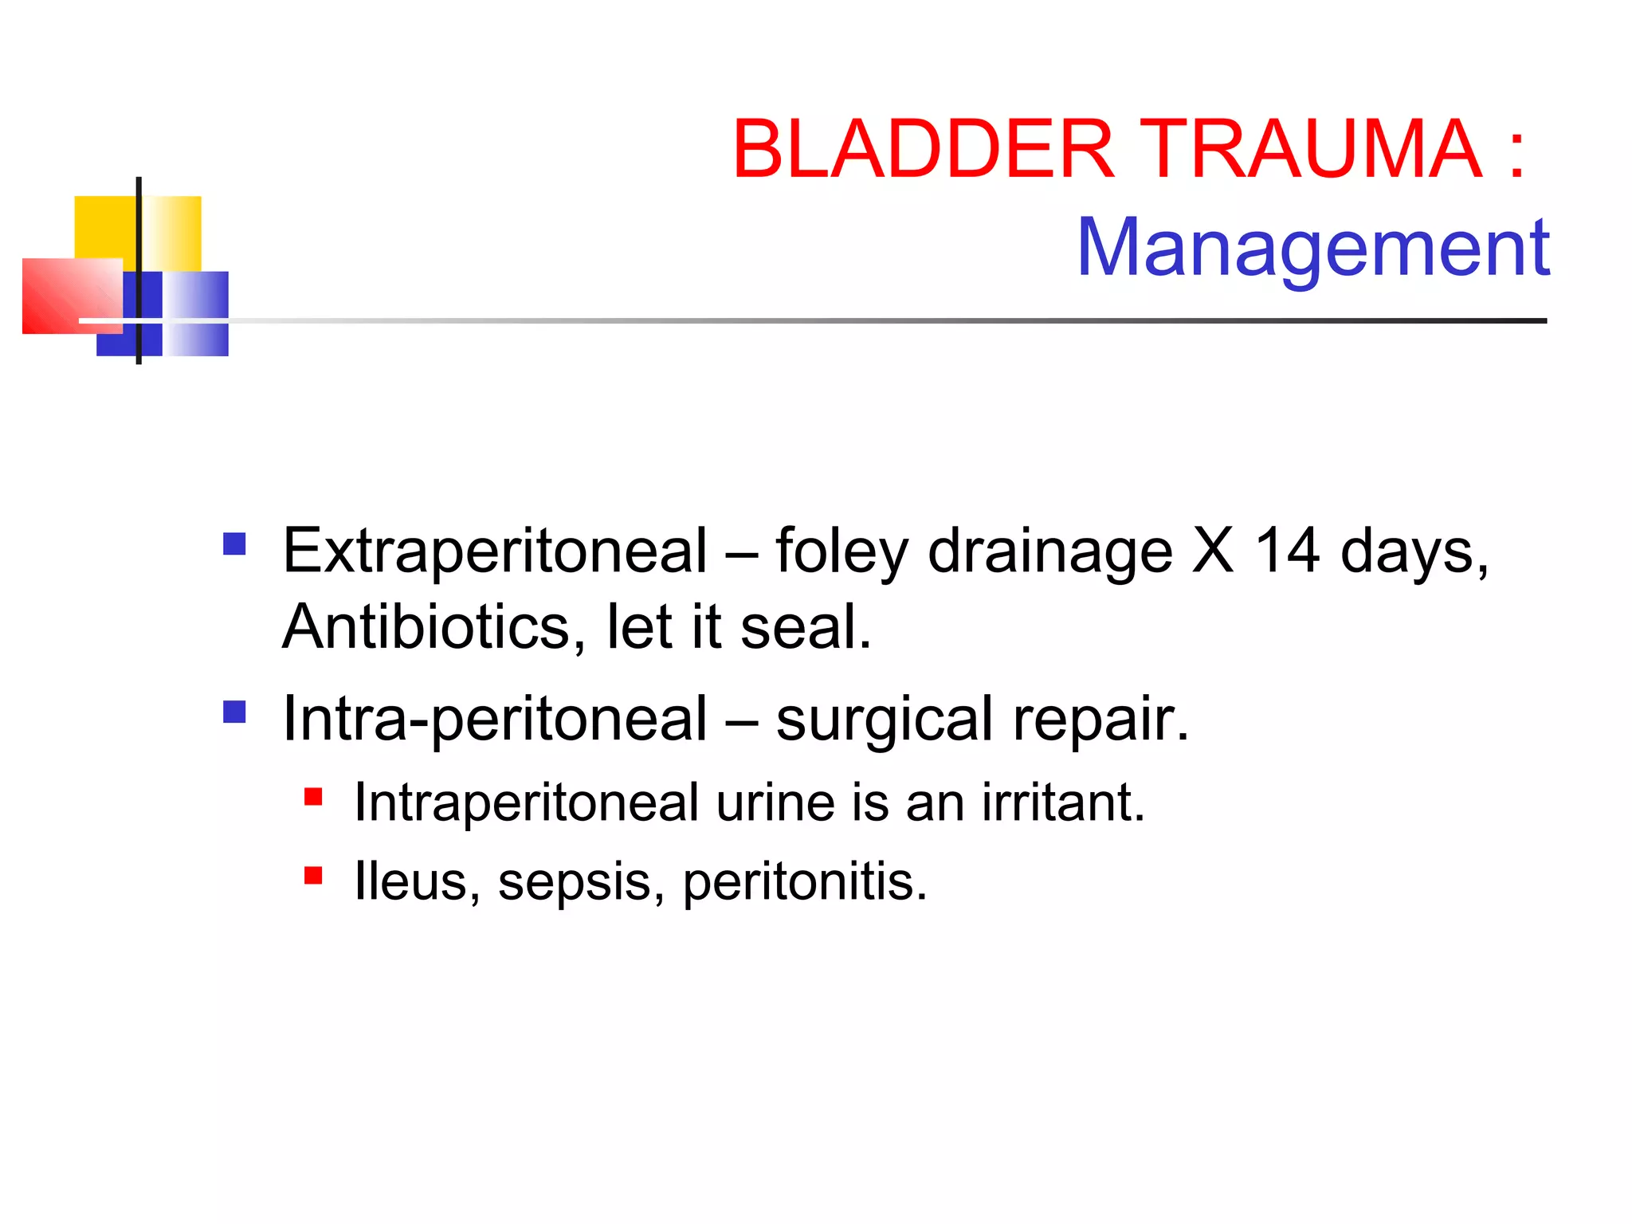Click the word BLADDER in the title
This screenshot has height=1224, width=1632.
click(923, 149)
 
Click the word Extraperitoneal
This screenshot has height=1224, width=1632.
click(495, 551)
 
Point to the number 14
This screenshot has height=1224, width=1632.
click(1286, 551)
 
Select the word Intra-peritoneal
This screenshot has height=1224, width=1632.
click(495, 719)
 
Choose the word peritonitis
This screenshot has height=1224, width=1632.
click(805, 883)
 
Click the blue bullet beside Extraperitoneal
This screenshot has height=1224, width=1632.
click(234, 544)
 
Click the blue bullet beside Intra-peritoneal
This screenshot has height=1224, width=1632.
click(234, 712)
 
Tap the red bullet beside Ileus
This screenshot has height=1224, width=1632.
click(313, 876)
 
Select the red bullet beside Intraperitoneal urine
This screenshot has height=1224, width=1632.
click(313, 796)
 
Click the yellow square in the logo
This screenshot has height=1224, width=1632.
click(104, 226)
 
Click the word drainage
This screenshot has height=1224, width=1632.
click(1049, 552)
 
